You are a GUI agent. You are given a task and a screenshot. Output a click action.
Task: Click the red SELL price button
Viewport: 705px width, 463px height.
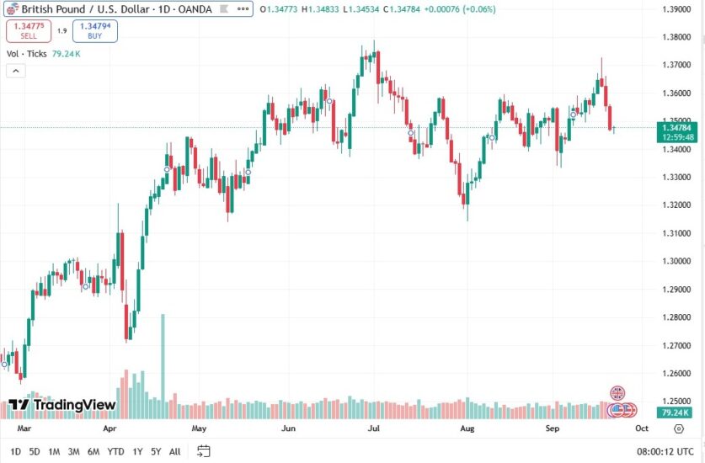point(29,31)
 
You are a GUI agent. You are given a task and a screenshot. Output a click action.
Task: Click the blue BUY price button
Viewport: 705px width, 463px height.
point(95,31)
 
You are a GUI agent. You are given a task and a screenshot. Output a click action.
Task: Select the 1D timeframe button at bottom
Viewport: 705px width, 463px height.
point(15,451)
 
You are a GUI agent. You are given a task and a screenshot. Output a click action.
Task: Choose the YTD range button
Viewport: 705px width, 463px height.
point(115,451)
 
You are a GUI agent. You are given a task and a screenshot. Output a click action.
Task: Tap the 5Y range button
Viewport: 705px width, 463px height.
point(155,451)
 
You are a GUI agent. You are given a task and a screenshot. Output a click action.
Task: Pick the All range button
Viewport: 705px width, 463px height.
point(174,451)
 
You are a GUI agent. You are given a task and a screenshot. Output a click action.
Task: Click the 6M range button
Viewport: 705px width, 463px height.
point(93,451)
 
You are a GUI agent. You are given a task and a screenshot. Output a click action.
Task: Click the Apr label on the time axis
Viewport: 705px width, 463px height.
point(109,428)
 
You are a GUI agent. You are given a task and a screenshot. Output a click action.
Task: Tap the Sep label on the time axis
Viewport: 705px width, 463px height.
point(553,428)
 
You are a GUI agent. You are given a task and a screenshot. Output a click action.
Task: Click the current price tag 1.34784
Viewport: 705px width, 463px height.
point(679,128)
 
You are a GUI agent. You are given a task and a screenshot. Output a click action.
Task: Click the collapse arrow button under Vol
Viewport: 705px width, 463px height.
point(15,71)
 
